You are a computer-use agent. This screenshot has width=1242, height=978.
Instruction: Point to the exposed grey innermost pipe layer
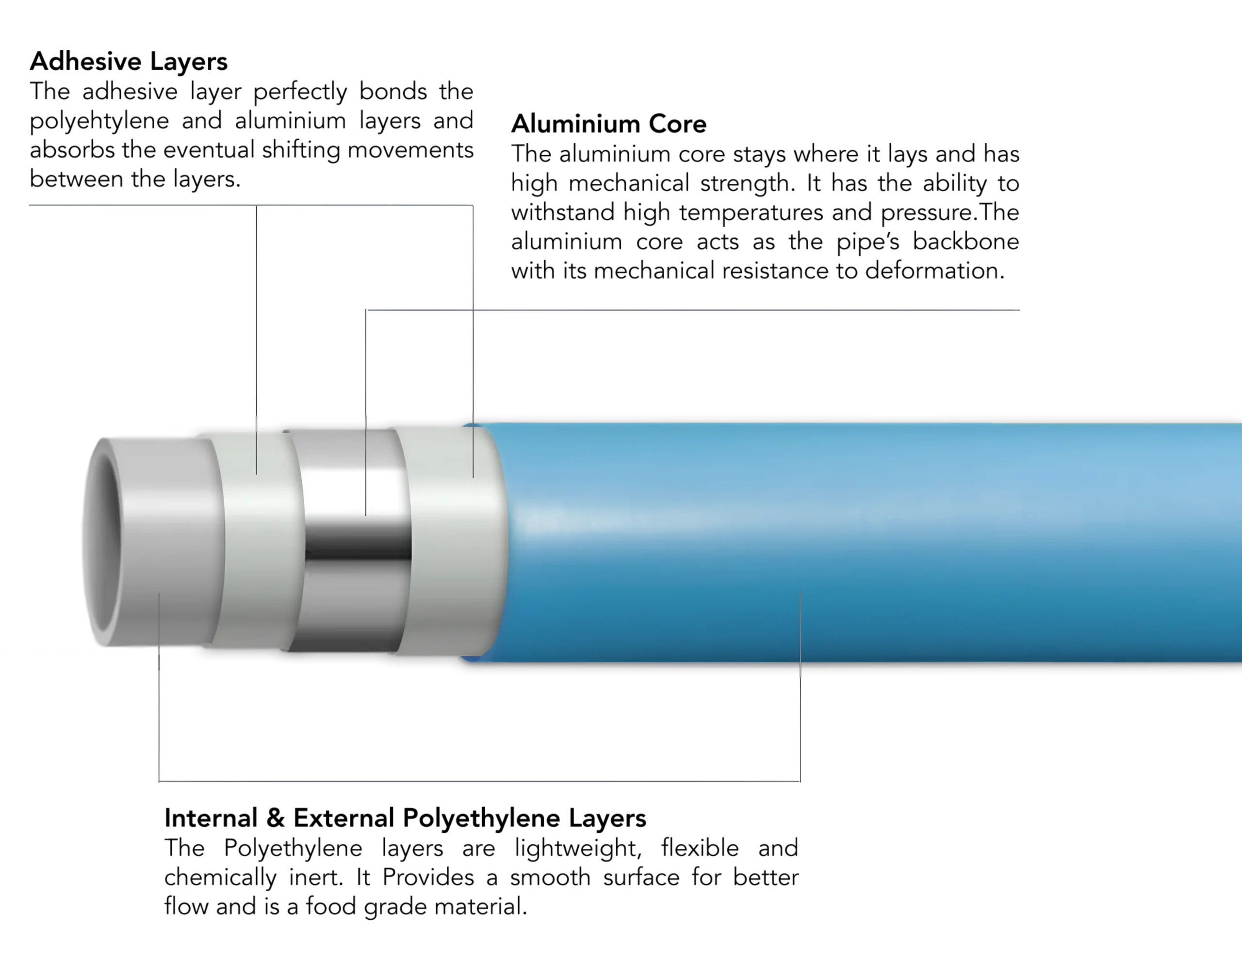tap(172, 544)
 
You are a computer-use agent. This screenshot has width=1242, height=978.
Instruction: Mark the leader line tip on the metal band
tap(366, 515)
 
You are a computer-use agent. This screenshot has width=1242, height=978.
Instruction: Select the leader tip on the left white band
tap(256, 473)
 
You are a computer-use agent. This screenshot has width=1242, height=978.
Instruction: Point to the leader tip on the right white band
tap(473, 476)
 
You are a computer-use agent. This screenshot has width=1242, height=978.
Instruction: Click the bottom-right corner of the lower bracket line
tap(801, 782)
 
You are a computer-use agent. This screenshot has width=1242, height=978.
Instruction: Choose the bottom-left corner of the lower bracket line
tap(159, 782)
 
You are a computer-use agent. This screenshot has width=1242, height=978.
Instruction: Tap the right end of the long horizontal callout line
tap(1019, 311)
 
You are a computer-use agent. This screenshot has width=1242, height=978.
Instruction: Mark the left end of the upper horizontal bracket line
tap(29, 205)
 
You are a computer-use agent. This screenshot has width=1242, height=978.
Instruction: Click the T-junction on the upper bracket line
tap(256, 206)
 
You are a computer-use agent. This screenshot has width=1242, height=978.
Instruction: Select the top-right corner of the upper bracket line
tap(474, 205)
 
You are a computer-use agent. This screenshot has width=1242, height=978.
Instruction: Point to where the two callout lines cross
tap(474, 310)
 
